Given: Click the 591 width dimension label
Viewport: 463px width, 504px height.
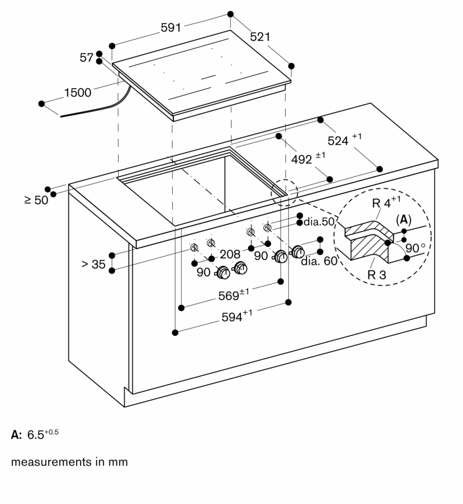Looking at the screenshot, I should [x=171, y=28].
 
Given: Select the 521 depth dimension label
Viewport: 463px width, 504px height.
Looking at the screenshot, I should [x=260, y=37].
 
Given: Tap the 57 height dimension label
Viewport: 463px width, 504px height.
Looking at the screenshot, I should [x=87, y=58].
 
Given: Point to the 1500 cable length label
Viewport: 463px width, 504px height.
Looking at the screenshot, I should [x=78, y=92].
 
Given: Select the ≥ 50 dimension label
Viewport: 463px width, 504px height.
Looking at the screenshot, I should [x=37, y=200].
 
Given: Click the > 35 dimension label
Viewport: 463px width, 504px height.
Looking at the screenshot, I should [x=93, y=264].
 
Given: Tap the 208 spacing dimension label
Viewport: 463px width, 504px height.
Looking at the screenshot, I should [x=230, y=254].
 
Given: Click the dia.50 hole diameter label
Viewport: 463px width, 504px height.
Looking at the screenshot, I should [x=318, y=222].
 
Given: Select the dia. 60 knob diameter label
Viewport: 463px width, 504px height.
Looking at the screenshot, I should [x=319, y=261].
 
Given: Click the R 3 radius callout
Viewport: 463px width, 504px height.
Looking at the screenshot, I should [x=376, y=275].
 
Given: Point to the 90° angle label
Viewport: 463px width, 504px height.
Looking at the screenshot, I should [x=416, y=248].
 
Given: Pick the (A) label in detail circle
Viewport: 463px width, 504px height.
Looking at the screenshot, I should [x=403, y=219].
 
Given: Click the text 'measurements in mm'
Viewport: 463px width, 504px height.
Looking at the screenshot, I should [x=69, y=462].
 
